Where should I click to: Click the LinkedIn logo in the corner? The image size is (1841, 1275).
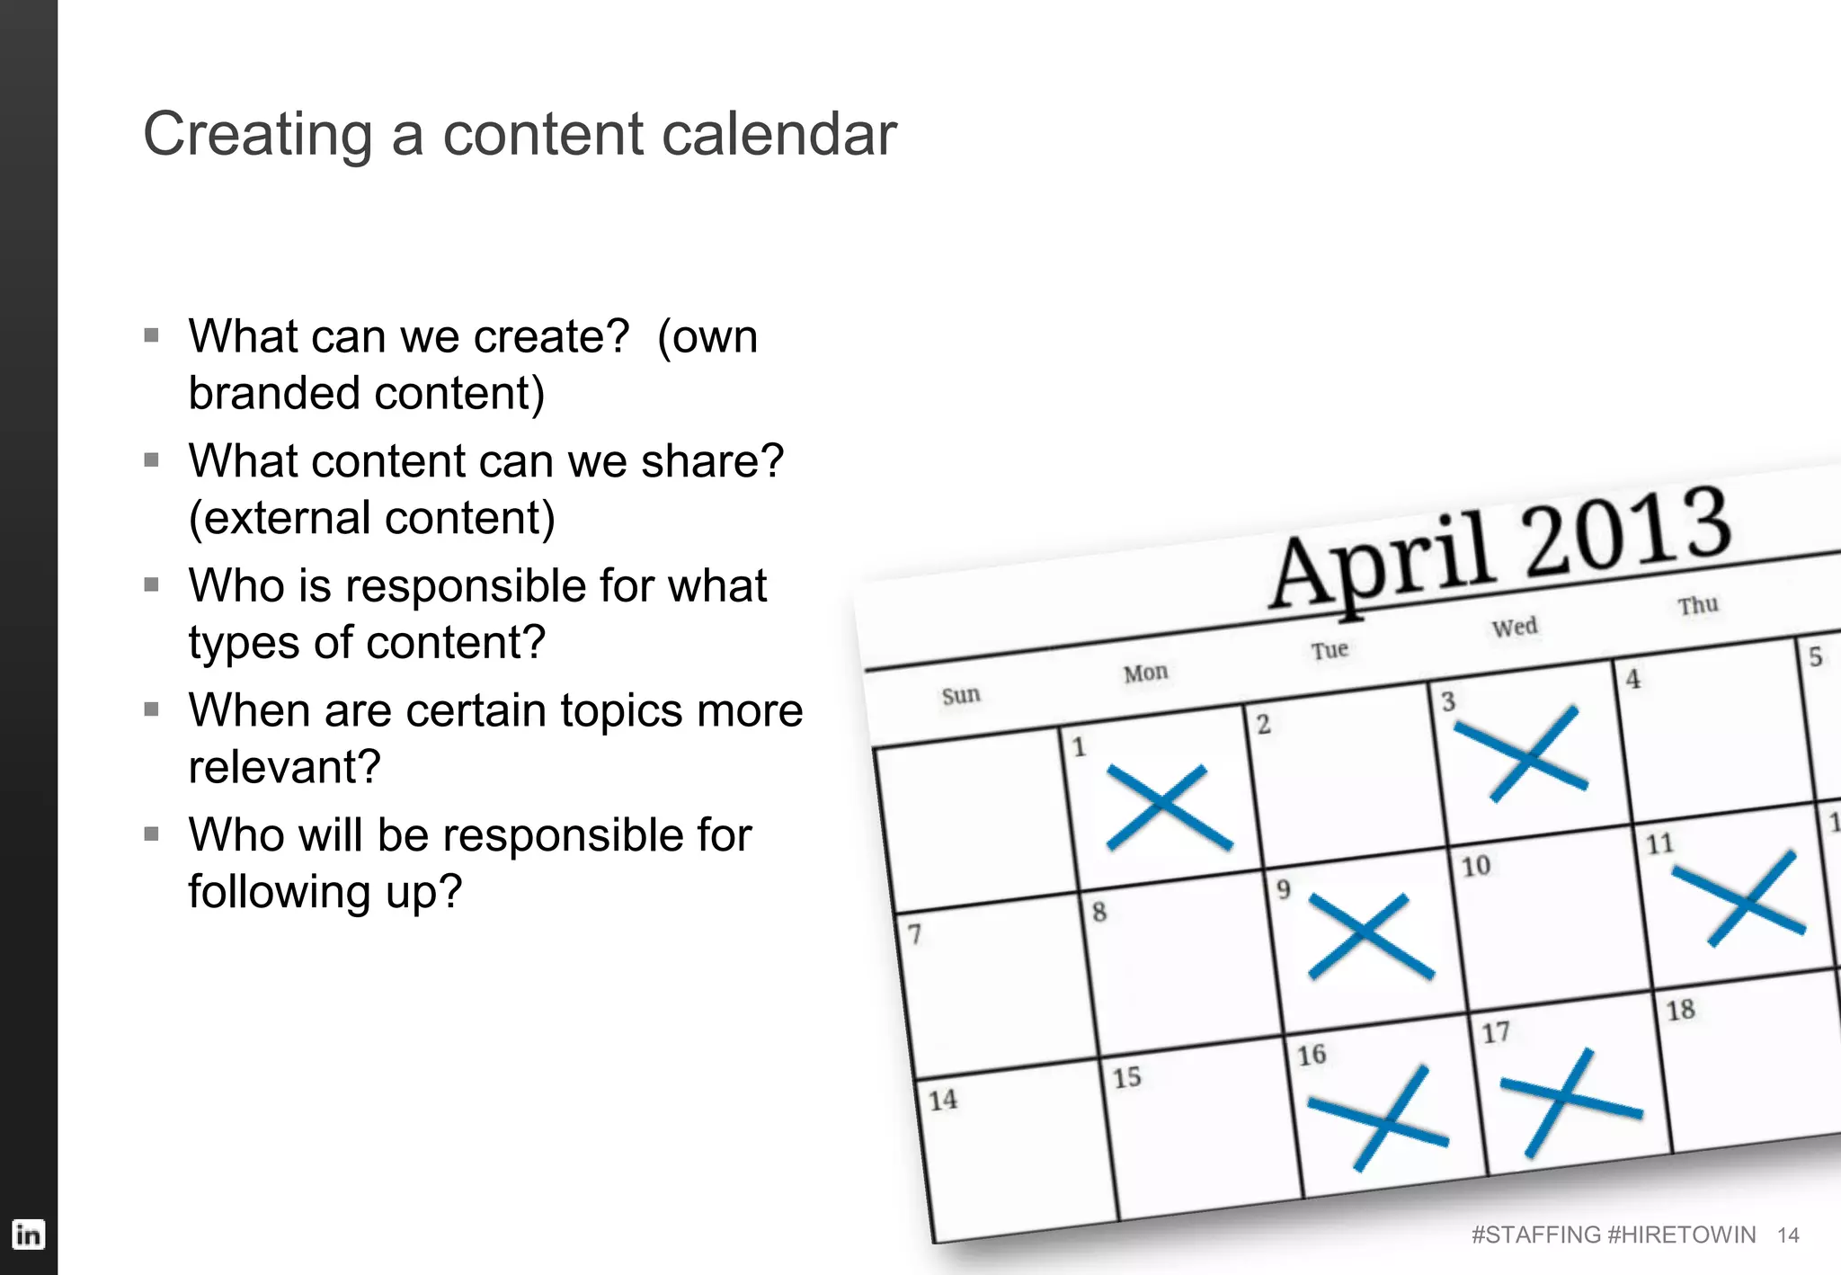tap(28, 1234)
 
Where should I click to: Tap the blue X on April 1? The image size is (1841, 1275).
tap(1168, 807)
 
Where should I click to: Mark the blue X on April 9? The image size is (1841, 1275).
tap(1370, 936)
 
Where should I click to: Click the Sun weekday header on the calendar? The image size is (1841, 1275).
tap(961, 695)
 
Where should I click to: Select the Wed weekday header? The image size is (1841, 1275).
tap(1515, 627)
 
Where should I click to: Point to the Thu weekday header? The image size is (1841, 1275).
tap(1698, 605)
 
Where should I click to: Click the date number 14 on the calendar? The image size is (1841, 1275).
tap(943, 1100)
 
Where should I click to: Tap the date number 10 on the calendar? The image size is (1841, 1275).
tap(1476, 866)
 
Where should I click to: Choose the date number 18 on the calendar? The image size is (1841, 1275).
tap(1680, 1010)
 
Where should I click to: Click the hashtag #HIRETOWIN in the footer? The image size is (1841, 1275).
tap(1681, 1235)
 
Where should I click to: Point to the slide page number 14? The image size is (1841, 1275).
tap(1788, 1235)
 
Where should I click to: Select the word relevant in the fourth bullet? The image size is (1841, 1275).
tap(285, 767)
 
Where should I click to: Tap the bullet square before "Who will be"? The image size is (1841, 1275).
tap(151, 834)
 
